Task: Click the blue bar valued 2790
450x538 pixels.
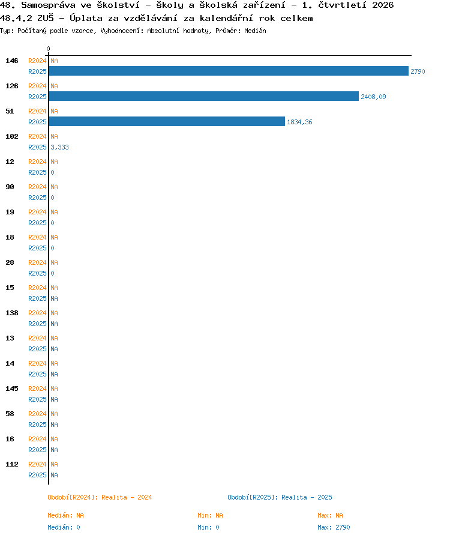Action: pyautogui.click(x=229, y=71)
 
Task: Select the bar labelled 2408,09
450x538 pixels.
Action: pyautogui.click(x=204, y=96)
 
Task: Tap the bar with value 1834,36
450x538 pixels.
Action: pyautogui.click(x=167, y=121)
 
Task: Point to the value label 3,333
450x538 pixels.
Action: pyautogui.click(x=59, y=147)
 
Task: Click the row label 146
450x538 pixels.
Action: pyautogui.click(x=12, y=61)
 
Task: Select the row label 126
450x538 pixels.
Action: pyautogui.click(x=12, y=86)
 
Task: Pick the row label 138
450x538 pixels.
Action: pyautogui.click(x=12, y=313)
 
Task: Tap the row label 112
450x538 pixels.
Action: pyautogui.click(x=12, y=464)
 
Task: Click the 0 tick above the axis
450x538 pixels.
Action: pyautogui.click(x=49, y=49)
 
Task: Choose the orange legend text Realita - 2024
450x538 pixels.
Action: pyautogui.click(x=127, y=497)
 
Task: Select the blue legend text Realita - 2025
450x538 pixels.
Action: pyautogui.click(x=307, y=497)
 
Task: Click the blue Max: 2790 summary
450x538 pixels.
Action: pyautogui.click(x=334, y=527)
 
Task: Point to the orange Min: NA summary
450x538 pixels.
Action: pyautogui.click(x=210, y=515)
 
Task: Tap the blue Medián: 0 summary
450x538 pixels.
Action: pyautogui.click(x=64, y=527)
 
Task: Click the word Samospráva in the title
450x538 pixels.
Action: pyautogui.click(x=49, y=5)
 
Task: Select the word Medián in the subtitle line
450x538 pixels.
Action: pyautogui.click(x=255, y=31)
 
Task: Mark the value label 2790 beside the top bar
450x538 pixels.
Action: pyautogui.click(x=418, y=71)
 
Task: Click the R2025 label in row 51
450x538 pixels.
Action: pyautogui.click(x=37, y=122)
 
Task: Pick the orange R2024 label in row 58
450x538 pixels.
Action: pyautogui.click(x=37, y=414)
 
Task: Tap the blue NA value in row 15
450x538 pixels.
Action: pyautogui.click(x=54, y=298)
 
